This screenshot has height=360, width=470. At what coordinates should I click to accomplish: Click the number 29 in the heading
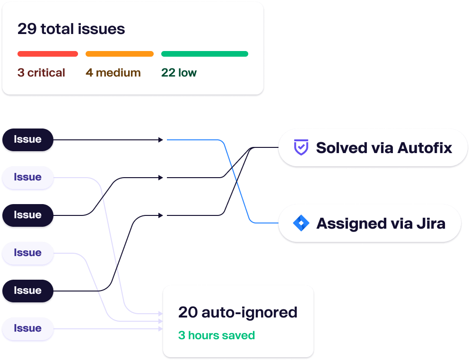click(27, 29)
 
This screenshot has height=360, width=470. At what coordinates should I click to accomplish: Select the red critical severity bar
click(48, 54)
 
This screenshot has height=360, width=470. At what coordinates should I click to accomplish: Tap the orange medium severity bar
click(120, 54)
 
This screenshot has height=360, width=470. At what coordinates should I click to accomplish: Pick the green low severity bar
click(205, 54)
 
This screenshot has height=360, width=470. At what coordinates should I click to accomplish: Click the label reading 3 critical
click(41, 73)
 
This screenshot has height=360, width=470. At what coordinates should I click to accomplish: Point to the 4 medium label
click(113, 73)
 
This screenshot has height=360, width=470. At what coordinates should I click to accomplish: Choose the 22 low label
click(179, 73)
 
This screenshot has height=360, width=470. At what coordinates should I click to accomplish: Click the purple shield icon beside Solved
click(301, 147)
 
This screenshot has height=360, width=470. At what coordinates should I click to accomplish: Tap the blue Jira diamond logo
click(301, 223)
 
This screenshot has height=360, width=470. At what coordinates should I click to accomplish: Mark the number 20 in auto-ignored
click(188, 312)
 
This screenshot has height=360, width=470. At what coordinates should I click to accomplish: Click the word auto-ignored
click(249, 313)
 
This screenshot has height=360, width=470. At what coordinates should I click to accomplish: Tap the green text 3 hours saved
click(217, 335)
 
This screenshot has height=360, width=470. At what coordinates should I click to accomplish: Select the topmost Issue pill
click(27, 140)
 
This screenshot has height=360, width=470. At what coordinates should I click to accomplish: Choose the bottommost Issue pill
click(27, 328)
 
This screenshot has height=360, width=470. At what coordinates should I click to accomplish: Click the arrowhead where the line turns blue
click(161, 140)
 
